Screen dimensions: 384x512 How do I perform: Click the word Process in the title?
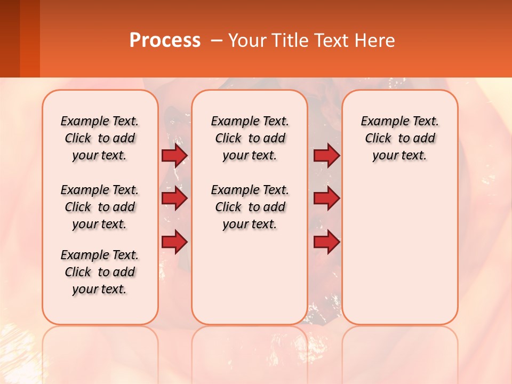tap(165, 41)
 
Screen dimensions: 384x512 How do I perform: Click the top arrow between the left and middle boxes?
tap(174, 155)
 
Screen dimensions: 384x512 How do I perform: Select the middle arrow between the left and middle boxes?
tap(174, 199)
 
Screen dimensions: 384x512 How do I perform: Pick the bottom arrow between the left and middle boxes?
tap(174, 242)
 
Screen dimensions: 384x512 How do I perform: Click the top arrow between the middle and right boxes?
tap(326, 155)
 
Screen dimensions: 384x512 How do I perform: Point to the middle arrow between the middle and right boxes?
tap(326, 199)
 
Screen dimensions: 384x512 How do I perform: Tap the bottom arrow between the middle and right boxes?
tap(326, 242)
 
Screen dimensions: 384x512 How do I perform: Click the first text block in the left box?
tap(100, 138)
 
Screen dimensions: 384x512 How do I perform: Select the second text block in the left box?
tap(100, 207)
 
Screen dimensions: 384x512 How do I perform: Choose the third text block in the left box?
tap(100, 272)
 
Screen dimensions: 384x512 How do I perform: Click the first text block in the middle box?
tap(250, 138)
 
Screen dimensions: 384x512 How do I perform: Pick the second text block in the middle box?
tap(250, 207)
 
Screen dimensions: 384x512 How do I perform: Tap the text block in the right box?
tap(400, 138)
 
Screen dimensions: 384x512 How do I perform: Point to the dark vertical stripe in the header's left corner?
tap(10, 38)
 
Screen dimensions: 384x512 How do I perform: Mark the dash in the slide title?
tap(217, 41)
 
